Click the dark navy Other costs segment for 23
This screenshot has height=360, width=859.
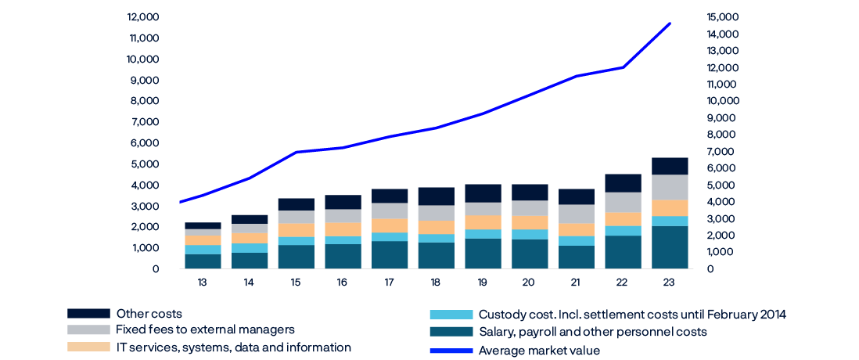(x=670, y=165)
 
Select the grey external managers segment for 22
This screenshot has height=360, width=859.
(x=623, y=202)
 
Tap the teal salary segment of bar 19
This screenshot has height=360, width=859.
(x=483, y=254)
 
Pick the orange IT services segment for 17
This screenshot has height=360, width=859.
(x=389, y=225)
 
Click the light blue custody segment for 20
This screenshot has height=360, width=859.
(x=530, y=234)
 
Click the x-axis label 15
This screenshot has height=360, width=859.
(x=296, y=282)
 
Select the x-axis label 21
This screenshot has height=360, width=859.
(x=577, y=282)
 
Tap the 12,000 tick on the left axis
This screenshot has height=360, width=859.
(x=143, y=16)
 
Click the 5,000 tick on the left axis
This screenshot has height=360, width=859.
(x=145, y=164)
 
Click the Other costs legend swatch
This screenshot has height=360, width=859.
(x=88, y=314)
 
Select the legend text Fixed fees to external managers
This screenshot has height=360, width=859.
(x=205, y=329)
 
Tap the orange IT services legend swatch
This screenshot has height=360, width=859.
(x=88, y=347)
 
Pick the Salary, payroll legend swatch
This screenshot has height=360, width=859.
(x=451, y=332)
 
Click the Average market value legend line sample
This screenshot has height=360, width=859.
(x=451, y=351)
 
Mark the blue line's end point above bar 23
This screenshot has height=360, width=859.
(x=670, y=23)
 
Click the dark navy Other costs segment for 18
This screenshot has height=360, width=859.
(x=436, y=196)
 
